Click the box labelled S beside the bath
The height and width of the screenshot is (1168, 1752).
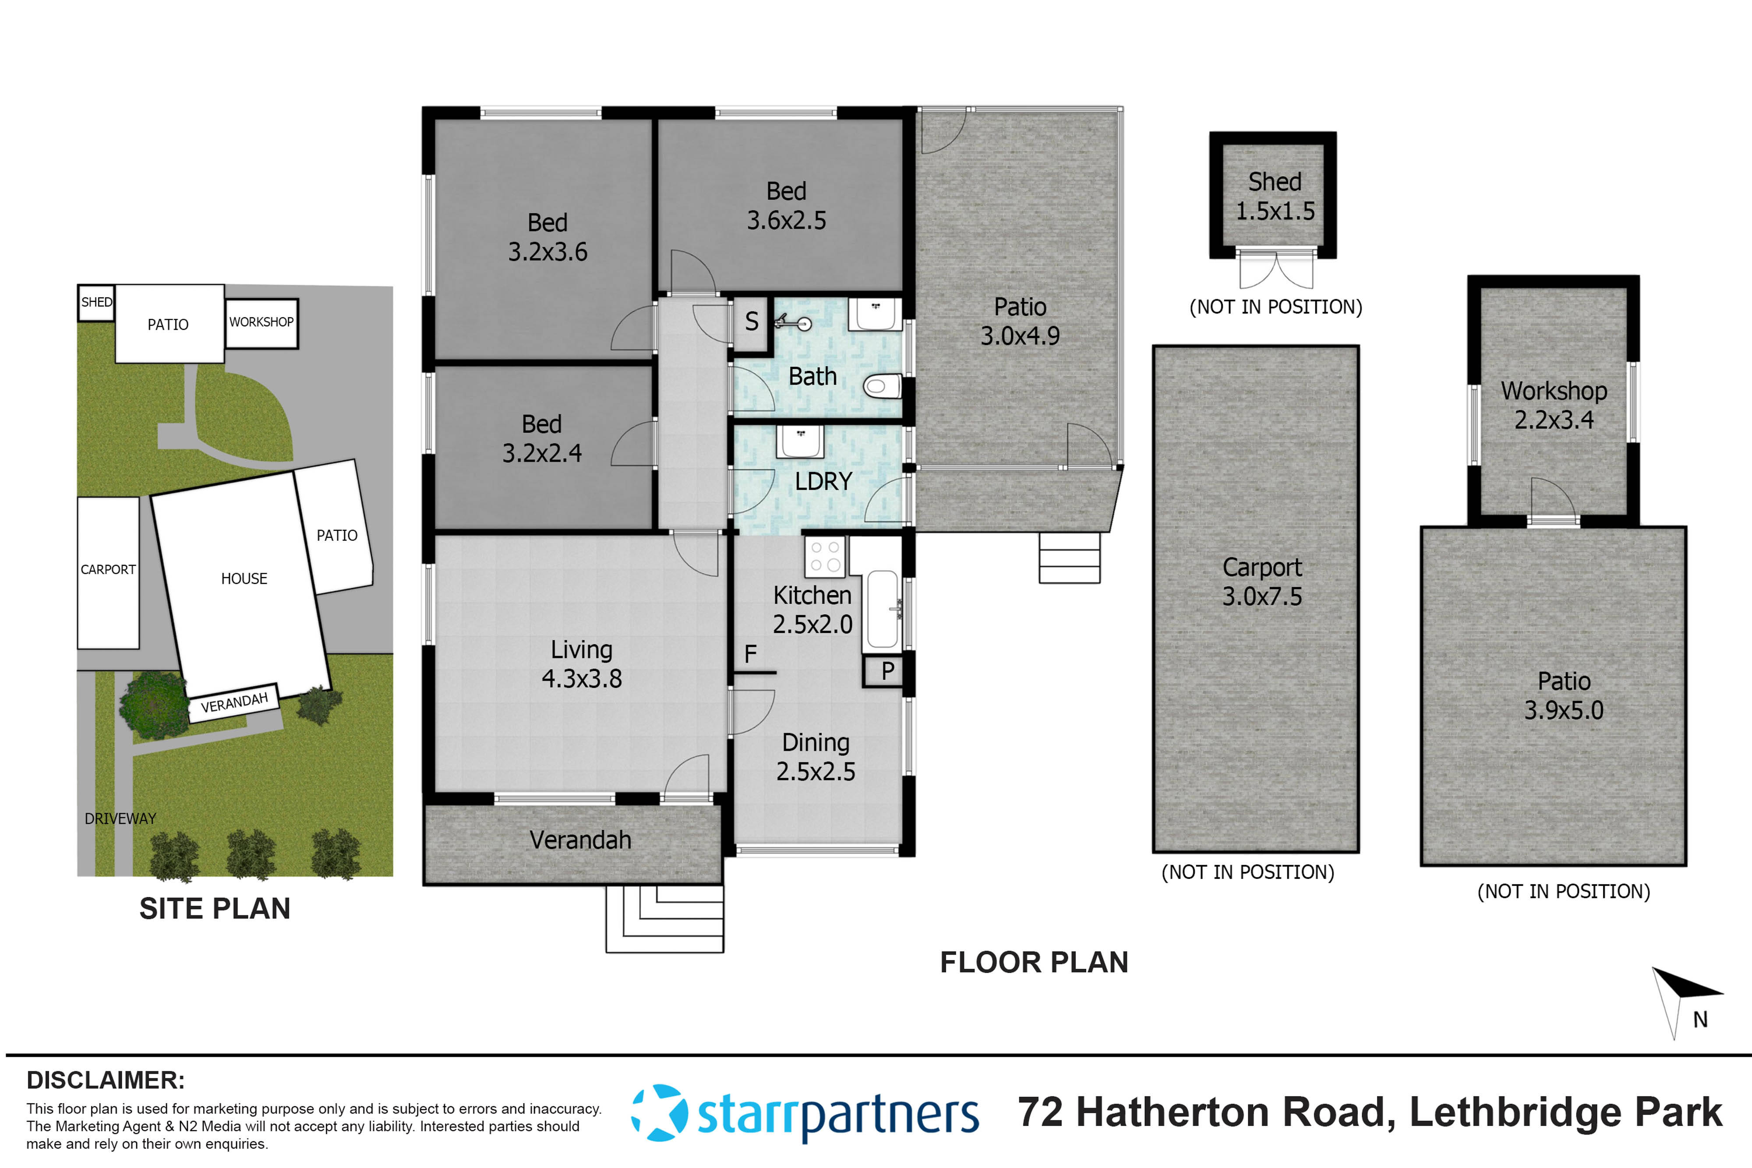click(x=751, y=322)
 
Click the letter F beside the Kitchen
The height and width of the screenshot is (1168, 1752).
click(x=750, y=654)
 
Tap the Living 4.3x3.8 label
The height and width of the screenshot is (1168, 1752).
click(x=581, y=663)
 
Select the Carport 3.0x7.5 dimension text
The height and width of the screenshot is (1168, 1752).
click(x=1262, y=596)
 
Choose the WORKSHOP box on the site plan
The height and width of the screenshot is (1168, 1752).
click(x=261, y=322)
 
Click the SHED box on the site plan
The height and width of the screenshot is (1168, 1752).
click(x=96, y=303)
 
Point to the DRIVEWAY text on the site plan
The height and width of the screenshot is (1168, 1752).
click(x=120, y=819)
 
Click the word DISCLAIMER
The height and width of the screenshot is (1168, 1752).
click(x=105, y=1080)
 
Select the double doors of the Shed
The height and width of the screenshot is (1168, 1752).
click(x=1276, y=270)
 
